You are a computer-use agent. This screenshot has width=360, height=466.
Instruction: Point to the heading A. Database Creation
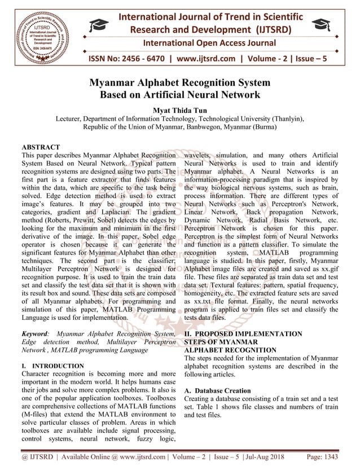coord(218,390)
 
